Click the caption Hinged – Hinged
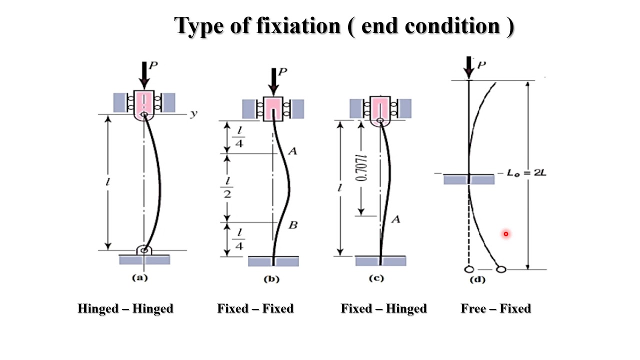tap(125, 308)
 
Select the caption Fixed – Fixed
tap(255, 308)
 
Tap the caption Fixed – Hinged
tap(383, 308)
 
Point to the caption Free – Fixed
tap(495, 308)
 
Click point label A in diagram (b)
tap(292, 150)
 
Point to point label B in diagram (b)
tap(293, 225)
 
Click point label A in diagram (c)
tap(395, 219)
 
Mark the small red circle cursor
tap(506, 233)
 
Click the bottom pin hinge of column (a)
tap(144, 249)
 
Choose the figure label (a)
tap(139, 278)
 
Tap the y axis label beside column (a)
tap(193, 114)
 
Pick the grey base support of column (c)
tap(380, 260)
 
